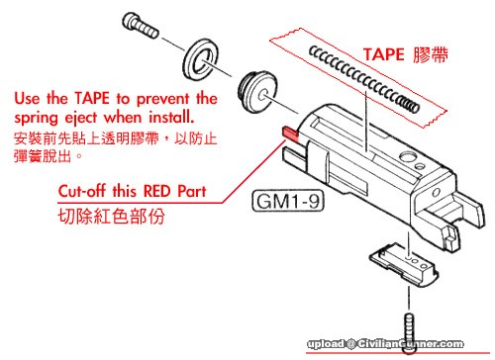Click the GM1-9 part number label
pyautogui.click(x=288, y=201)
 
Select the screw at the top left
pyautogui.click(x=140, y=26)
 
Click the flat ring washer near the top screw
pyautogui.click(x=201, y=59)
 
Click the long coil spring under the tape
pyautogui.click(x=364, y=79)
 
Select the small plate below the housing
pyautogui.click(x=403, y=261)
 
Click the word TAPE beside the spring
pyautogui.click(x=383, y=54)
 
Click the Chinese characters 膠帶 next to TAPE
pyautogui.click(x=431, y=54)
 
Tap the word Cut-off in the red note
pyautogui.click(x=82, y=191)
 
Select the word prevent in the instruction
pyautogui.click(x=163, y=99)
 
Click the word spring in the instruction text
pyautogui.click(x=37, y=119)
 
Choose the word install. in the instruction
pyautogui.click(x=171, y=117)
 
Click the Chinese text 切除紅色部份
pyautogui.click(x=111, y=217)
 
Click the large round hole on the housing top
pyautogui.click(x=408, y=156)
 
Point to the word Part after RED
pyautogui.click(x=192, y=191)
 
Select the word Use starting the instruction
pyautogui.click(x=28, y=98)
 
